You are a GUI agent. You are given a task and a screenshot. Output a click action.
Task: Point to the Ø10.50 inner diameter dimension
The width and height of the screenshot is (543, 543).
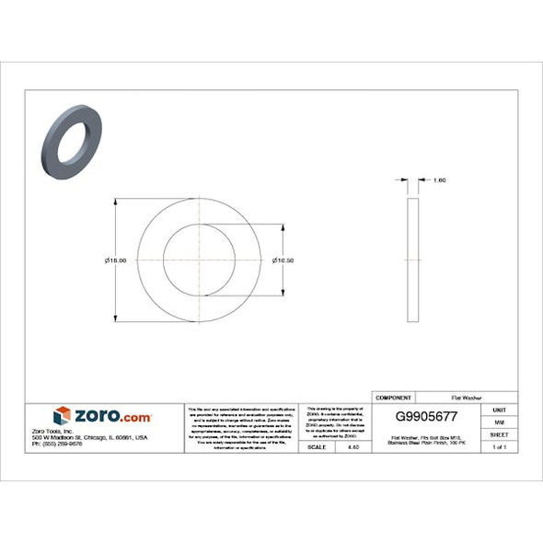tap(283, 260)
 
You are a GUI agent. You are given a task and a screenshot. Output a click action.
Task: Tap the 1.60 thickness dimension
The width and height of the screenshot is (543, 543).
tap(439, 180)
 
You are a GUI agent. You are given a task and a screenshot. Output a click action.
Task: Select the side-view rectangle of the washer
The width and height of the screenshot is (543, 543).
tap(412, 260)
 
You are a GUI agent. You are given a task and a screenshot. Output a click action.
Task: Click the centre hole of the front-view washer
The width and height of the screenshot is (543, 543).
tap(199, 260)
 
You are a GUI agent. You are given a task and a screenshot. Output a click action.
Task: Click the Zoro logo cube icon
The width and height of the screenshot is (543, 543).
tap(62, 416)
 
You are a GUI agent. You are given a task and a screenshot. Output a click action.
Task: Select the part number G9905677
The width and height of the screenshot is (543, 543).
tap(425, 416)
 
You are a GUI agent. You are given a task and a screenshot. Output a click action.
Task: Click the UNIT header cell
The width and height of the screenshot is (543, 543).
tap(499, 410)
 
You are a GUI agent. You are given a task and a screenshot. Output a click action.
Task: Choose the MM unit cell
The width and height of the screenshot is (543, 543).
tap(499, 422)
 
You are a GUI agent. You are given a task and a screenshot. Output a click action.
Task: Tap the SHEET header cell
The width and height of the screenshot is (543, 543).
tap(499, 434)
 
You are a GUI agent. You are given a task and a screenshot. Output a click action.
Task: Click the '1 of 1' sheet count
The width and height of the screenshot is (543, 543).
tap(499, 446)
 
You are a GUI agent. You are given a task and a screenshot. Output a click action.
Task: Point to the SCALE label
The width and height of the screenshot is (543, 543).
tap(316, 446)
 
